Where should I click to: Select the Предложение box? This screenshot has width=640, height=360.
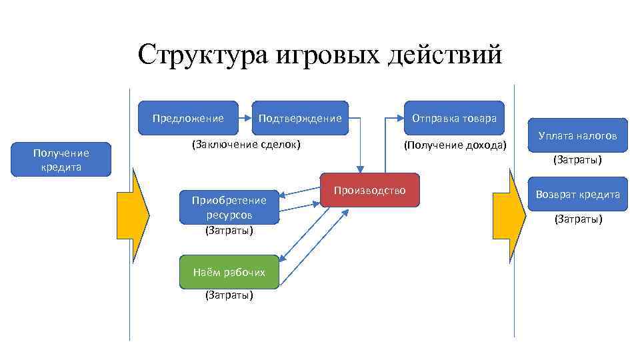[x=188, y=118]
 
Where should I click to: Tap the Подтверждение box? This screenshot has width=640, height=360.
[x=299, y=118]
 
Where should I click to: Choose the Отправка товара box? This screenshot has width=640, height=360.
[x=454, y=118]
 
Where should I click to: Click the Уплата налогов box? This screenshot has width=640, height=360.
[x=577, y=135]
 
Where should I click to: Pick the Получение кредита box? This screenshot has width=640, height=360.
[x=61, y=160]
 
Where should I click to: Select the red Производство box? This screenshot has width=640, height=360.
[x=369, y=191]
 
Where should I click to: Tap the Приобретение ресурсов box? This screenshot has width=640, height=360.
[x=229, y=206]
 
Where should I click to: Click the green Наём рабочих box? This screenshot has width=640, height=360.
[x=229, y=271]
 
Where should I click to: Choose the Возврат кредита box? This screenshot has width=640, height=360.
[x=577, y=194]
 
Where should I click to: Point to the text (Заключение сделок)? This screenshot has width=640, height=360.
[x=246, y=144]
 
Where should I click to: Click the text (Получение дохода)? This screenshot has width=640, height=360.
[x=455, y=145]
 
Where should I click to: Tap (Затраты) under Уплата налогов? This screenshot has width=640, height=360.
[x=577, y=160]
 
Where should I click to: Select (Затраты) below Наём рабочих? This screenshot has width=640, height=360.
[x=229, y=295]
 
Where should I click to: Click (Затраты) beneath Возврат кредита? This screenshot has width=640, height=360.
[x=577, y=219]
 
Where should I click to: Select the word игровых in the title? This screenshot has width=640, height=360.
[x=319, y=55]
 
